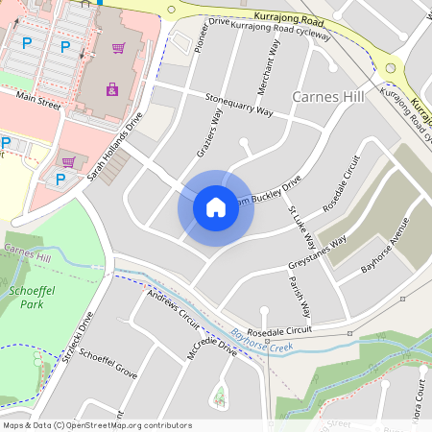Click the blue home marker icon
216,207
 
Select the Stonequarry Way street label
239,104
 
